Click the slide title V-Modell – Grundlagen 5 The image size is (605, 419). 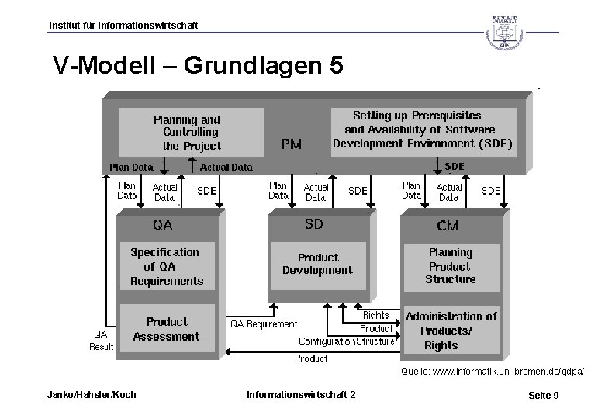[x=197, y=65]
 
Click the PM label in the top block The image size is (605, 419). [x=292, y=144]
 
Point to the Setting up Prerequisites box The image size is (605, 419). [x=422, y=130]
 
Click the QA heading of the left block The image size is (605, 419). [x=162, y=225]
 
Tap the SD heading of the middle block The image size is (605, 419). [x=313, y=224]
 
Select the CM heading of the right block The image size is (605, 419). [x=448, y=226]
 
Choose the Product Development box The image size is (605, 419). [x=317, y=264]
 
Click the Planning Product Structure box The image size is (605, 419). [x=451, y=265]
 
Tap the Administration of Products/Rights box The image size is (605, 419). [x=451, y=331]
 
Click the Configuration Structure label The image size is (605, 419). [x=347, y=341]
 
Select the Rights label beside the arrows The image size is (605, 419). [x=376, y=316]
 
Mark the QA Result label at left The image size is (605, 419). [x=101, y=340]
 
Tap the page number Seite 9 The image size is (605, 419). [x=543, y=396]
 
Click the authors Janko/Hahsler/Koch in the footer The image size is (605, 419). [x=92, y=395]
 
